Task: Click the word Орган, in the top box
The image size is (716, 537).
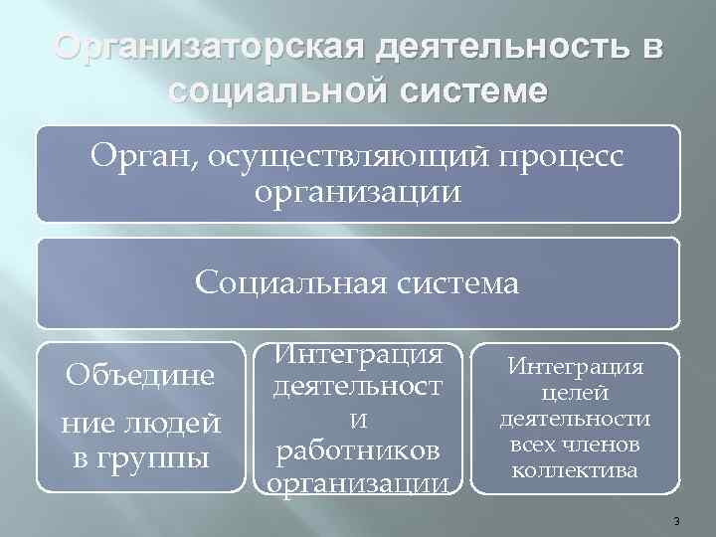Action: pyautogui.click(x=145, y=156)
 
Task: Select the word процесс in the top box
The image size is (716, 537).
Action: pyautogui.click(x=553, y=156)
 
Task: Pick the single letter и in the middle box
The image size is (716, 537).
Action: pyautogui.click(x=356, y=423)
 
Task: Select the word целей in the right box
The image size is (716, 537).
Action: pyautogui.click(x=576, y=395)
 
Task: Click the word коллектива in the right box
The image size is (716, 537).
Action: pyautogui.click(x=576, y=468)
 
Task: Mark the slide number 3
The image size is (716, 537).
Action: pyautogui.click(x=675, y=521)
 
